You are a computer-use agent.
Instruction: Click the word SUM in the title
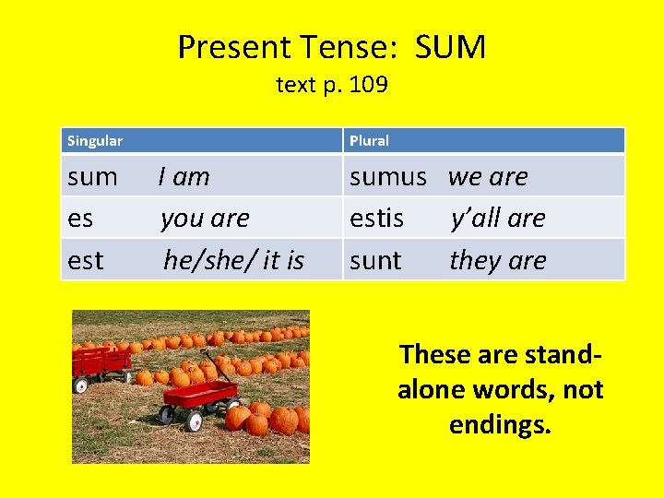coord(449,47)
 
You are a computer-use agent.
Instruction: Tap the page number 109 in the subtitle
coord(369,86)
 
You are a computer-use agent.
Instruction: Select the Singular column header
coord(95,141)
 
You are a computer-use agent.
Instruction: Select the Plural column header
coord(369,141)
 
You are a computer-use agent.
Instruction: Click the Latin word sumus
coord(387,176)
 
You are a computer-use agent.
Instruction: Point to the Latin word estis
coord(376,219)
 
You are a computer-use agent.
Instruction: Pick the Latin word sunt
coord(375,261)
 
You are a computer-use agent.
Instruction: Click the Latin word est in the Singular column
coord(86,261)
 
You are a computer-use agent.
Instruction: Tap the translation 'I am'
coord(184,176)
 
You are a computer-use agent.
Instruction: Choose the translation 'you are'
coord(205,219)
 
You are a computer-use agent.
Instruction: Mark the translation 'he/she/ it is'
coord(233,261)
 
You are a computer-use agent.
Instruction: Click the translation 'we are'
coord(488,176)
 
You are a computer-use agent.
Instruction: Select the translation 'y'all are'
coord(498,219)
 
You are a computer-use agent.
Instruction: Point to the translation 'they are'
coord(498,261)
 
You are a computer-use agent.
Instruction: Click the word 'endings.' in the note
coord(500,425)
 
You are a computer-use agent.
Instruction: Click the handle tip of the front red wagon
coord(205,352)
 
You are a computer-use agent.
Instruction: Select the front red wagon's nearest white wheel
coord(195,422)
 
